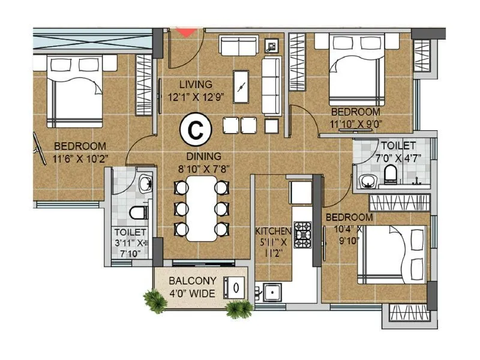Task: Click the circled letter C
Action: pyautogui.click(x=194, y=128)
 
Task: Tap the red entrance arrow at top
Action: pyautogui.click(x=187, y=32)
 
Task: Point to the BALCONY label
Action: pyautogui.click(x=188, y=280)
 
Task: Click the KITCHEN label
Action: pyautogui.click(x=273, y=231)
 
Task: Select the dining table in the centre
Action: pyautogui.click(x=201, y=208)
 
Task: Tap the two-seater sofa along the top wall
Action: pyautogui.click(x=237, y=45)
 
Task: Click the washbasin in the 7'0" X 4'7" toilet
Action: pyautogui.click(x=365, y=180)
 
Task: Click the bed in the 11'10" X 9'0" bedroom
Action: pyautogui.click(x=356, y=69)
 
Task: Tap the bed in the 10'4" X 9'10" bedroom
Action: pyautogui.click(x=393, y=255)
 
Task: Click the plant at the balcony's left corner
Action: pyautogui.click(x=155, y=299)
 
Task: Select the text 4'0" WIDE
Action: pyautogui.click(x=189, y=294)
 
